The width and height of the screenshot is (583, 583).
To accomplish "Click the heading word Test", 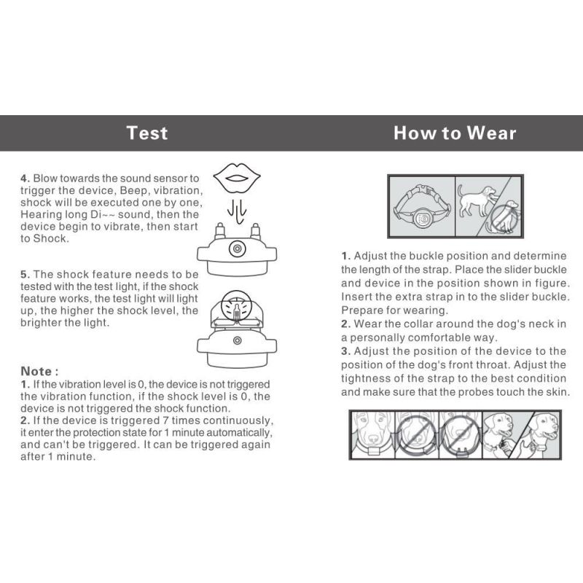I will (x=146, y=133).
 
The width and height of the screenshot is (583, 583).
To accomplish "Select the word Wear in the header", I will (x=491, y=133).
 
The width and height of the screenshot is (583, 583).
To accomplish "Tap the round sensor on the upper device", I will (x=235, y=249).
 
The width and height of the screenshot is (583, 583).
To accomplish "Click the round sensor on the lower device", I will (x=235, y=341).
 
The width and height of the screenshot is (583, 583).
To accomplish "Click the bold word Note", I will (x=38, y=371).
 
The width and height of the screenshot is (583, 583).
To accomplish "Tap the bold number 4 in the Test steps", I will (x=24, y=178).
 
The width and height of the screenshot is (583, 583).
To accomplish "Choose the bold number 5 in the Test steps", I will (x=24, y=274).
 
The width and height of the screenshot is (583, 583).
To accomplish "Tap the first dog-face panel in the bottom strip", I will (x=371, y=434).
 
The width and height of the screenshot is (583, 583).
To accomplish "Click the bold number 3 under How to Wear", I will (x=346, y=351).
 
